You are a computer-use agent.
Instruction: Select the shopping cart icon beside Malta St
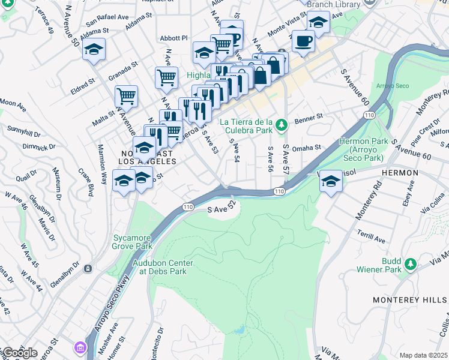point(127,95)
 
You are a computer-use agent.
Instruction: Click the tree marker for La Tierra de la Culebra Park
point(280,126)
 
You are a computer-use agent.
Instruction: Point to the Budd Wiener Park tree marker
point(411,263)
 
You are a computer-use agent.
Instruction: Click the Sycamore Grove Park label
point(133,242)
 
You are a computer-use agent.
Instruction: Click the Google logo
point(19,353)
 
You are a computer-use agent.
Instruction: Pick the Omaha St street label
point(307,147)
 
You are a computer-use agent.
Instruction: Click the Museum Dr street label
point(60,184)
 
